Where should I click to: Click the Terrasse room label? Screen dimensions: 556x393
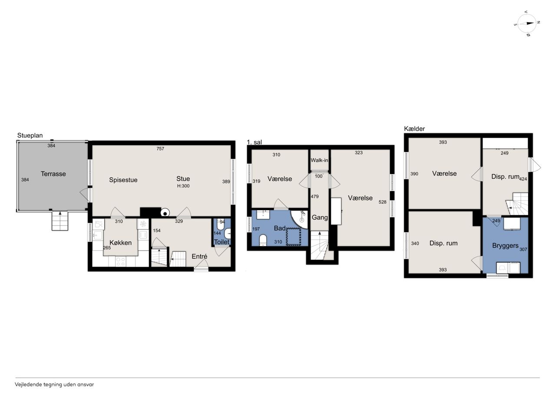click(53, 174)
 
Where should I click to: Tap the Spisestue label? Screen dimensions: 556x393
click(123, 180)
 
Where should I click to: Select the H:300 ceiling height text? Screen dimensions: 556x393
click(183, 186)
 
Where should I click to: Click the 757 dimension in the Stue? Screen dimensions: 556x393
click(160, 149)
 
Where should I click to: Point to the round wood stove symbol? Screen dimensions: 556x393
click(165, 213)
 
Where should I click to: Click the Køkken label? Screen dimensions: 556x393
click(121, 243)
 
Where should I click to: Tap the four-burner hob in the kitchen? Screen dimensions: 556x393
click(121, 261)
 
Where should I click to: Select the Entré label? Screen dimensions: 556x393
click(199, 256)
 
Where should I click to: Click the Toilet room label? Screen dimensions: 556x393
click(222, 242)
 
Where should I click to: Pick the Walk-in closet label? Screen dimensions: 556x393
click(319, 160)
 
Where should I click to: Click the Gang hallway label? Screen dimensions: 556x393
click(320, 217)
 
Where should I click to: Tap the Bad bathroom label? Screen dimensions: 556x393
click(280, 228)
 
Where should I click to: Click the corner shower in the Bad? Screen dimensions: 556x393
click(300, 219)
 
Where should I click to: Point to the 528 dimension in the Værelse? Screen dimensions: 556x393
click(383, 202)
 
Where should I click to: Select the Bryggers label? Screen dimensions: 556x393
click(505, 246)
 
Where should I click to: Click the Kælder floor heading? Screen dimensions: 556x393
click(414, 129)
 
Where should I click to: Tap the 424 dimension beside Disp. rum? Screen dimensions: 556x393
click(523, 179)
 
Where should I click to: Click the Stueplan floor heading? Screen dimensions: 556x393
click(30, 135)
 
